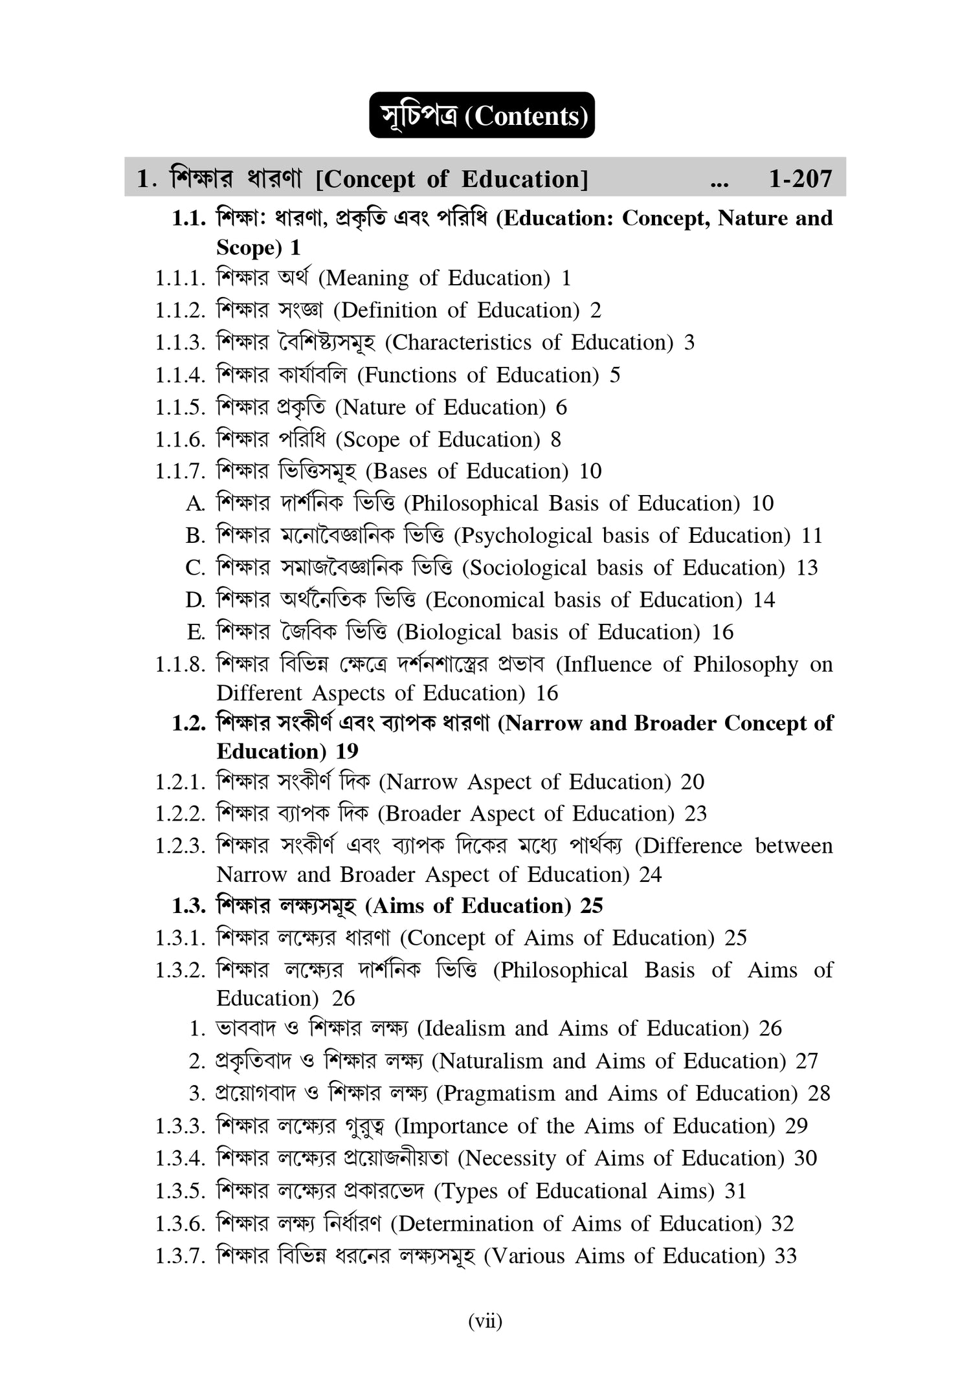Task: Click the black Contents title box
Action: tap(482, 115)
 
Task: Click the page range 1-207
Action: tap(799, 179)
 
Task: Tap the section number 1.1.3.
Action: tap(180, 342)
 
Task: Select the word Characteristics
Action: tap(462, 342)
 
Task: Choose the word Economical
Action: tap(488, 600)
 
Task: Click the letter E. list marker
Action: tap(195, 632)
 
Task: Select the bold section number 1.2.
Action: tap(189, 723)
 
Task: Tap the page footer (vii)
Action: tap(485, 1321)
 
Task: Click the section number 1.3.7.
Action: tap(180, 1256)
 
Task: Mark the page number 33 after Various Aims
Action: tap(786, 1256)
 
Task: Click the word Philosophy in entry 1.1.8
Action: tap(745, 665)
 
